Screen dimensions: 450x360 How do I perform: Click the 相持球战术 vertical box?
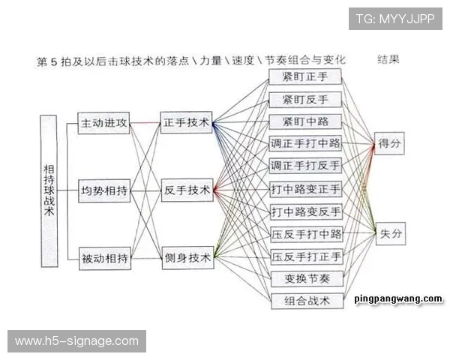pos(49,191)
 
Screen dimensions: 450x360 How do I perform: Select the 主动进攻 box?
pos(103,123)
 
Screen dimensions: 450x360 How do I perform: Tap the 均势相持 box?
pos(104,190)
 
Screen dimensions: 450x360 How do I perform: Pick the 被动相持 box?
pos(105,258)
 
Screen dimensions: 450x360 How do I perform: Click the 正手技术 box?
pos(186,122)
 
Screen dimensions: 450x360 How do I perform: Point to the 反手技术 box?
pos(187,190)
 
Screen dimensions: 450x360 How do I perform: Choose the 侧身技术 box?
pos(188,258)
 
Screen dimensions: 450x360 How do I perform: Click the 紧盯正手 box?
pos(305,76)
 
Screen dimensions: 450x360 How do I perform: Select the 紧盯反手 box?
pos(305,100)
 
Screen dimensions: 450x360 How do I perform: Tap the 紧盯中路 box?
pos(305,121)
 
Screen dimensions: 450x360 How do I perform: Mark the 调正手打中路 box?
pos(305,143)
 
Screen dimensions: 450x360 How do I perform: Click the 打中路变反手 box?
pos(306,211)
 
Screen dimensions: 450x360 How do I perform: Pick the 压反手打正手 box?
pos(307,256)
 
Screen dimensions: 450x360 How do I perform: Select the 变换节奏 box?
pos(307,279)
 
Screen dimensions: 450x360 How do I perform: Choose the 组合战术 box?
pos(307,301)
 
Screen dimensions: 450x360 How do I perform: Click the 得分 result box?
pos(389,143)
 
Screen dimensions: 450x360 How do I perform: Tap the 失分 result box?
pos(391,234)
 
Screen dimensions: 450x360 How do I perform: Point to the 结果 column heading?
pos(388,60)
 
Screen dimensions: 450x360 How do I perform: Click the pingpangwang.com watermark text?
pos(398,299)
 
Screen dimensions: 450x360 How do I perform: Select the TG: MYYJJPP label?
pos(395,19)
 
